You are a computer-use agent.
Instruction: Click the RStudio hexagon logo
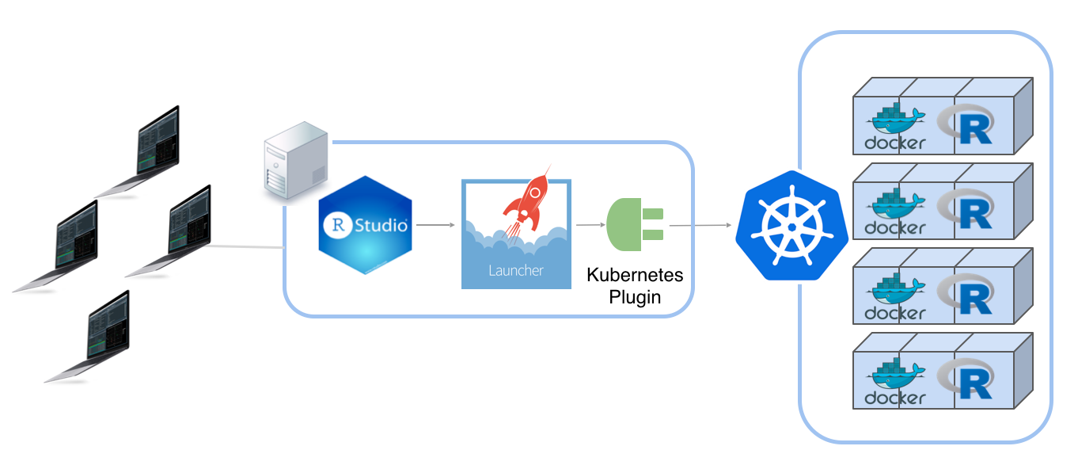point(366,225)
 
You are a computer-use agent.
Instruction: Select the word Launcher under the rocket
point(515,270)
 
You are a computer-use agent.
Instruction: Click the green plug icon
point(634,224)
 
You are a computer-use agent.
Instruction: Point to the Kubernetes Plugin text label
point(635,286)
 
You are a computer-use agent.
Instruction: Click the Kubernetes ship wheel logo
point(791,227)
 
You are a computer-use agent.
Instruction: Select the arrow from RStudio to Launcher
point(435,225)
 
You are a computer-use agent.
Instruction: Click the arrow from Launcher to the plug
point(590,225)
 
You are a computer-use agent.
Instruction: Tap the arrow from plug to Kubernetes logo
point(700,226)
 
